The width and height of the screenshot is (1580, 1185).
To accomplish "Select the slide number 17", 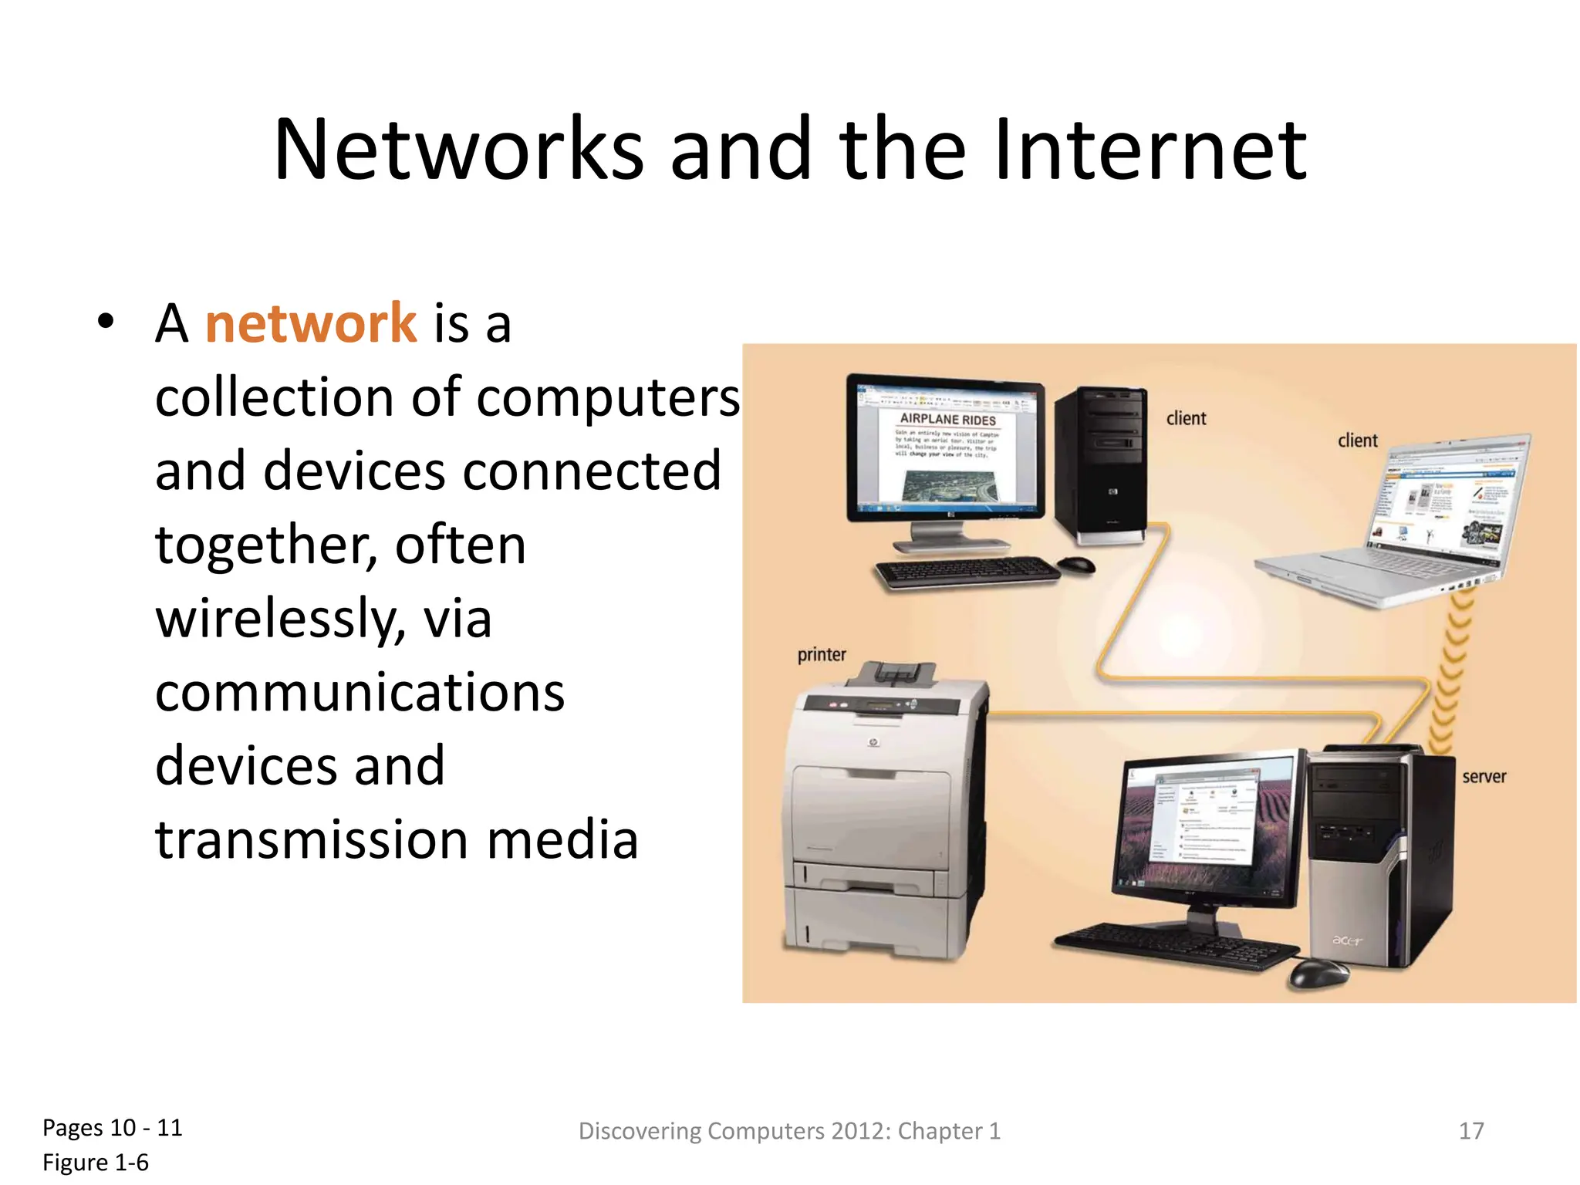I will click(x=1471, y=1131).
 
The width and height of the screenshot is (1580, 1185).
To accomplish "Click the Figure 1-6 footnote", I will click(x=96, y=1163).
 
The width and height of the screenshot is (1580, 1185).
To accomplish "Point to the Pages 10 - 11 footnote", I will click(x=113, y=1128).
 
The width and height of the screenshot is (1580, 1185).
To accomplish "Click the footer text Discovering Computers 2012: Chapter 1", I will click(x=789, y=1131).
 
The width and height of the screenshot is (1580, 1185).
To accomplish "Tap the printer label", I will click(x=822, y=655).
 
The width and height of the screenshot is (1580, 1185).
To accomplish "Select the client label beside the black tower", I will click(x=1186, y=419).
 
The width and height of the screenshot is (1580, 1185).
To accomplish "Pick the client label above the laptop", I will click(x=1357, y=441).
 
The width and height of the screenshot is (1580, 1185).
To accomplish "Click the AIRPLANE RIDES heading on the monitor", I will click(x=948, y=420).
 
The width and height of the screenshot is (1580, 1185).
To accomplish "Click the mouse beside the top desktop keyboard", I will click(x=1077, y=565).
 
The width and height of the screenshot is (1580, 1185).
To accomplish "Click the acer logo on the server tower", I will click(x=1348, y=940).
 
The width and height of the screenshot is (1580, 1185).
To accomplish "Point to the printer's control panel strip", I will click(x=879, y=705).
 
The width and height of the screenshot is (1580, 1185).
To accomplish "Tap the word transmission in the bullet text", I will click(x=312, y=839).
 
